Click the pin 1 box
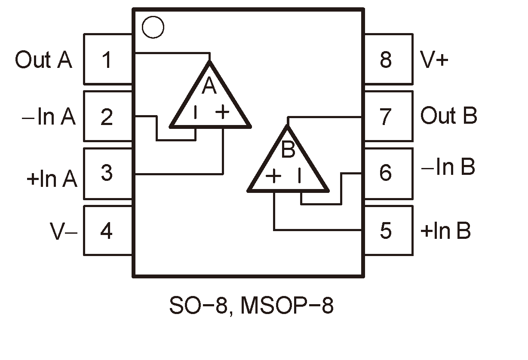click(107, 59)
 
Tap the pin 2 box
click(107, 116)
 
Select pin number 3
click(107, 174)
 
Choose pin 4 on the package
click(107, 231)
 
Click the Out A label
click(43, 60)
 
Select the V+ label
click(435, 60)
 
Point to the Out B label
click(448, 116)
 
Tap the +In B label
click(445, 231)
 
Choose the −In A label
click(49, 117)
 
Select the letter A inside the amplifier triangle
click(209, 87)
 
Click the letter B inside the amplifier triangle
click(289, 150)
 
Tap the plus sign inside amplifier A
click(223, 113)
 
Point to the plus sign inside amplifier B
click(273, 176)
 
